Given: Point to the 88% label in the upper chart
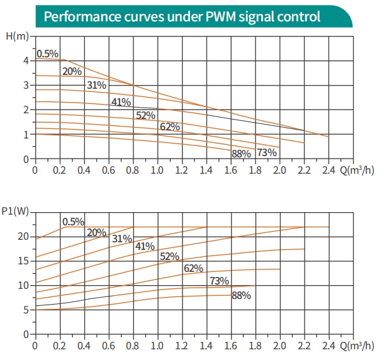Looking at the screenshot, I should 241,153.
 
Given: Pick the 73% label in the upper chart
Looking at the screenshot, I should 267,152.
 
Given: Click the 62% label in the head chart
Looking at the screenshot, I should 170,127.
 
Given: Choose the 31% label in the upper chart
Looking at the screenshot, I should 96,86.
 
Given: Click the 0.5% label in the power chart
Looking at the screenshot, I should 73,222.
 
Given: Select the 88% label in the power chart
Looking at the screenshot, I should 241,295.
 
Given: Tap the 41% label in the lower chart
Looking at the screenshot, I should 145,246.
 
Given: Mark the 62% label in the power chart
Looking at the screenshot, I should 193,269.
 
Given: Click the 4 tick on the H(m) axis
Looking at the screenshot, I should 26,60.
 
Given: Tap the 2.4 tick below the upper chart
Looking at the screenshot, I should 328,170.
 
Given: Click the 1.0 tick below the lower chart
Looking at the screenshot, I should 157,346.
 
